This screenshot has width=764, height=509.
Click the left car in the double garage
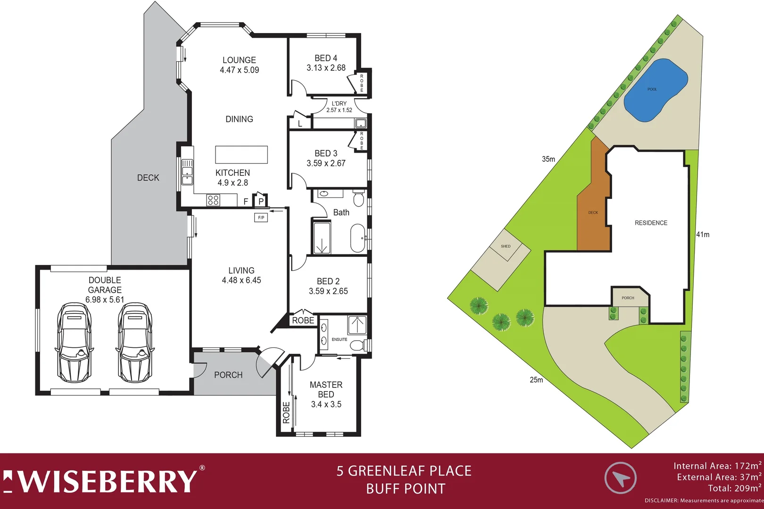coord(74,343)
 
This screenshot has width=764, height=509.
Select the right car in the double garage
coord(135,343)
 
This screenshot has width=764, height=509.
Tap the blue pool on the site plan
coord(655,90)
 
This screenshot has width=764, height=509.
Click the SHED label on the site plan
coord(506,246)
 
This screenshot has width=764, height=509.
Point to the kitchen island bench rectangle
coord(241,155)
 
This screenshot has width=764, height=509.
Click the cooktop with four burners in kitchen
coord(213,200)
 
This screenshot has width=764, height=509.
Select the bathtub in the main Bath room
coord(357,238)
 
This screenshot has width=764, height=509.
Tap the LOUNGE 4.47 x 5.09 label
coord(239,65)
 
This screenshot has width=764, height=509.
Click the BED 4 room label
coord(326,58)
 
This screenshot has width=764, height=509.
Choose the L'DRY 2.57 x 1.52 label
coord(339,107)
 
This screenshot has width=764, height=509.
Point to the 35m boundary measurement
coord(548,159)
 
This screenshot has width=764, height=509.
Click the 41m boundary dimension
coord(703,234)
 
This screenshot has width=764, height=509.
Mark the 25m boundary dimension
coord(536,380)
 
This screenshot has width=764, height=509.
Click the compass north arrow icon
coord(621,478)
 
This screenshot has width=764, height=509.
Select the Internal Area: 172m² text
coord(717,466)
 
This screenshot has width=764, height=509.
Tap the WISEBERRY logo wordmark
coord(101,481)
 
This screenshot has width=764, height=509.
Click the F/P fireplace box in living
coord(261,218)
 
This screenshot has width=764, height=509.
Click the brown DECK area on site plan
coord(593,212)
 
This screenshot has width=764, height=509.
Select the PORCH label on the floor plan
coord(228,375)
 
